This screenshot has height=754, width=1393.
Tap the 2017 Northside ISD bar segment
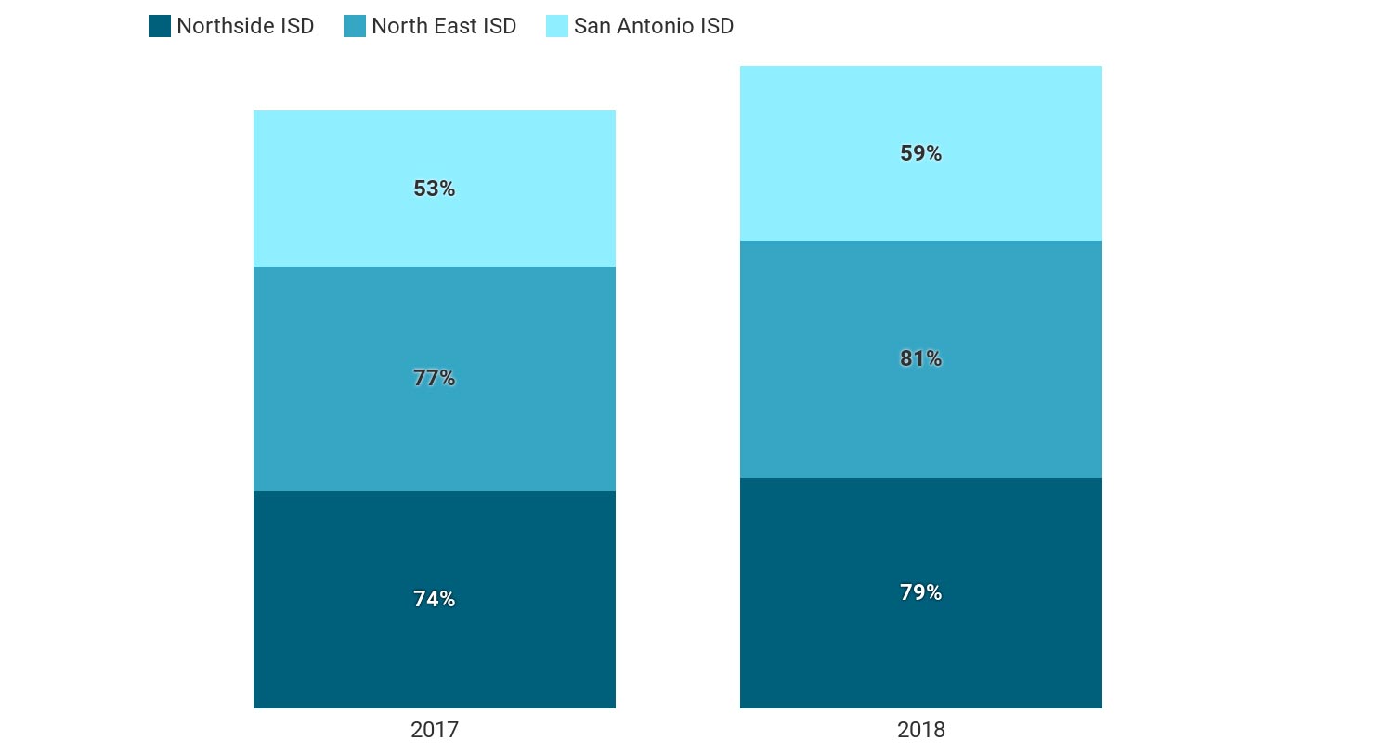tap(435, 650)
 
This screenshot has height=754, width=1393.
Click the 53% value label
tap(435, 188)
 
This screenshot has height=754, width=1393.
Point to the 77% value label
tap(435, 378)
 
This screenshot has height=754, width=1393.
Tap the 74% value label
tap(435, 599)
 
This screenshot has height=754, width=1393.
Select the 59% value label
tap(920, 153)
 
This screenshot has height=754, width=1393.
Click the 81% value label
tap(920, 358)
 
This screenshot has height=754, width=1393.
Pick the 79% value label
tap(920, 592)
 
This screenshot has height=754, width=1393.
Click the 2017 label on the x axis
tap(435, 730)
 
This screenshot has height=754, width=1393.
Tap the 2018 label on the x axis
tap(920, 730)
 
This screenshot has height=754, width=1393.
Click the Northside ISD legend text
tap(245, 26)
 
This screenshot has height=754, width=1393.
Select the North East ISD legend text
tap(444, 26)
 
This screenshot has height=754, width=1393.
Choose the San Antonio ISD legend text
tap(654, 26)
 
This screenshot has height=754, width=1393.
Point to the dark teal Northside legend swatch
tap(160, 26)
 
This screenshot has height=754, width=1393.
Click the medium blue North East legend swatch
tap(355, 26)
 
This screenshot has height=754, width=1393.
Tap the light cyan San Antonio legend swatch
tap(557, 26)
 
